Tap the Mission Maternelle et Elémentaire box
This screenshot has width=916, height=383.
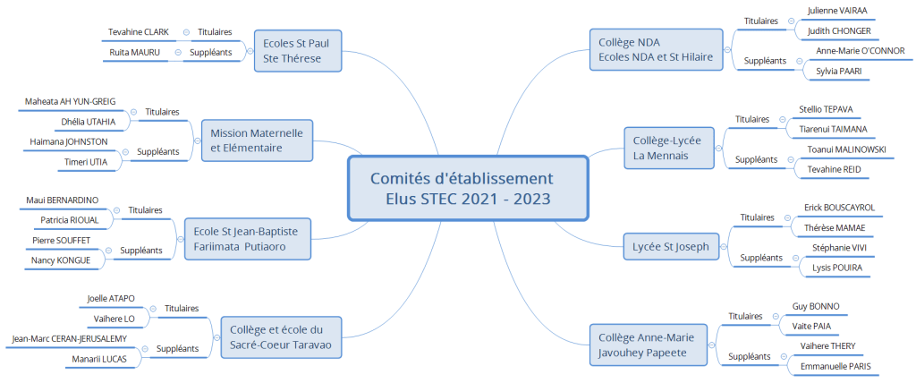[257, 140]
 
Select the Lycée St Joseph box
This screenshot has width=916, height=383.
[670, 246]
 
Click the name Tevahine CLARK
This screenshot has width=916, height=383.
[138, 32]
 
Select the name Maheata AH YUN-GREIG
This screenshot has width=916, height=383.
[71, 101]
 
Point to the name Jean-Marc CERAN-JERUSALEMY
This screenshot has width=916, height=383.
[69, 338]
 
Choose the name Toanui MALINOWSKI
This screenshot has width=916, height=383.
[846, 149]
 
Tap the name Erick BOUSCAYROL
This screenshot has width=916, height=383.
[839, 208]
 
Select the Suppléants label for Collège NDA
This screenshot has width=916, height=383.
[765, 61]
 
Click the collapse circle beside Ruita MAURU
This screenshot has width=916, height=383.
[178, 53]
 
